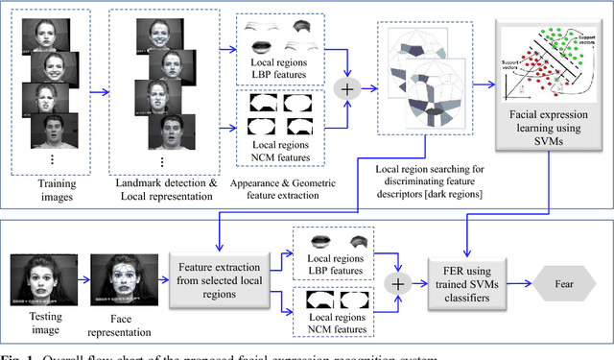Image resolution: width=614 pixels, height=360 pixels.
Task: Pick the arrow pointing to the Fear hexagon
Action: tap(526, 285)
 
